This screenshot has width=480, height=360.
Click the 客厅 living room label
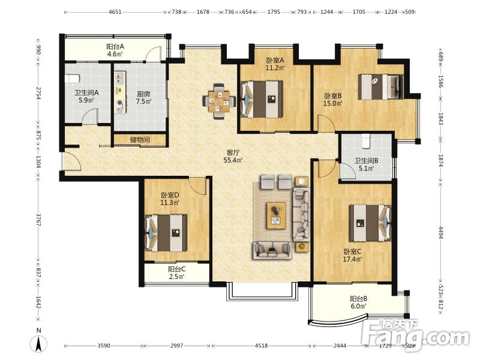pyautogui.click(x=233, y=153)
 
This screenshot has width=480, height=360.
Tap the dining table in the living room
pyautogui.click(x=219, y=101)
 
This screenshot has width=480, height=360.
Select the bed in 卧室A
pyautogui.click(x=262, y=99)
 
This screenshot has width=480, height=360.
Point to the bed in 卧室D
pyautogui.click(x=166, y=233)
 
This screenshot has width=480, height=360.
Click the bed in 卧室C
pyautogui.click(x=370, y=223)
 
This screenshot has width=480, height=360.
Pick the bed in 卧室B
pyautogui.click(x=381, y=86)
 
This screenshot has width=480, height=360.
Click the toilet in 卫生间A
pyautogui.click(x=72, y=78)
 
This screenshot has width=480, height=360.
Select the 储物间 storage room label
pyautogui.click(x=140, y=140)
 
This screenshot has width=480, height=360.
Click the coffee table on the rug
pyautogui.click(x=276, y=215)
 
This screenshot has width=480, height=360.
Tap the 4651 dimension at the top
pyautogui.click(x=115, y=12)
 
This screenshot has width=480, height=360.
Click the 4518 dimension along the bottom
pyautogui.click(x=261, y=346)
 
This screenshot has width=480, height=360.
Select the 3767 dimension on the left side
pyautogui.click(x=38, y=220)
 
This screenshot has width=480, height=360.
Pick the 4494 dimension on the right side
pyautogui.click(x=441, y=232)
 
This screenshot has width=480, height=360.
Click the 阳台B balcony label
pyautogui.click(x=358, y=298)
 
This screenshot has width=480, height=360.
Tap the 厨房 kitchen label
pyautogui.click(x=143, y=94)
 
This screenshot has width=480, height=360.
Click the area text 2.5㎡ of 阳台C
pyautogui.click(x=176, y=277)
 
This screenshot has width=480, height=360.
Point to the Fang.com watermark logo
pyautogui.click(x=415, y=335)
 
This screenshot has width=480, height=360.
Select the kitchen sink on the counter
pyautogui.click(x=119, y=78)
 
